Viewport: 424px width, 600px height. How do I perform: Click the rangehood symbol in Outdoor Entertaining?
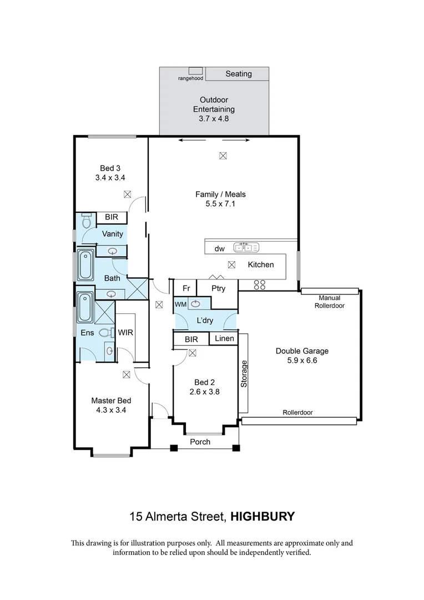click(195, 71)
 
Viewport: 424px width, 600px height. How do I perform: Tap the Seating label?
click(239, 74)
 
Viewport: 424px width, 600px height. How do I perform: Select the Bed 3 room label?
click(110, 168)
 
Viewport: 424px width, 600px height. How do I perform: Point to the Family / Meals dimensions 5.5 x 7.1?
click(220, 203)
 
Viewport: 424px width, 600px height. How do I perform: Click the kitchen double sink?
click(246, 248)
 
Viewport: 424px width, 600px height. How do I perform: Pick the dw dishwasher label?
click(219, 249)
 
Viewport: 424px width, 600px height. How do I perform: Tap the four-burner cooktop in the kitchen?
click(260, 284)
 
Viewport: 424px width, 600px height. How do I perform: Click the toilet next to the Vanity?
click(87, 220)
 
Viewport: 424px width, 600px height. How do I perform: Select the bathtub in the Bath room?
click(85, 265)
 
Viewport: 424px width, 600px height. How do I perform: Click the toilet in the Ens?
click(107, 333)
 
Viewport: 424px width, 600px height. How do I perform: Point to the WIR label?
click(125, 333)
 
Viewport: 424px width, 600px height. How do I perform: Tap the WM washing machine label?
click(181, 304)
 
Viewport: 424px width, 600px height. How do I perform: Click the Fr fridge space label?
click(186, 288)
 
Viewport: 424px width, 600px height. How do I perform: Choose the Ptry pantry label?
click(218, 288)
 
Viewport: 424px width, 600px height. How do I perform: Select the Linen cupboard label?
click(224, 338)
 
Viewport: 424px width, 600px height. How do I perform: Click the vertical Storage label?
click(244, 374)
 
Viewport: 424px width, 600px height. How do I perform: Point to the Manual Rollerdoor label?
click(330, 302)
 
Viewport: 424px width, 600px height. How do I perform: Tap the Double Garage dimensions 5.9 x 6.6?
click(302, 360)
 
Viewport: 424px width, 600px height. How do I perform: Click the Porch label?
click(200, 442)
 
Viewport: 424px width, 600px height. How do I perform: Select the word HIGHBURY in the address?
click(263, 517)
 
